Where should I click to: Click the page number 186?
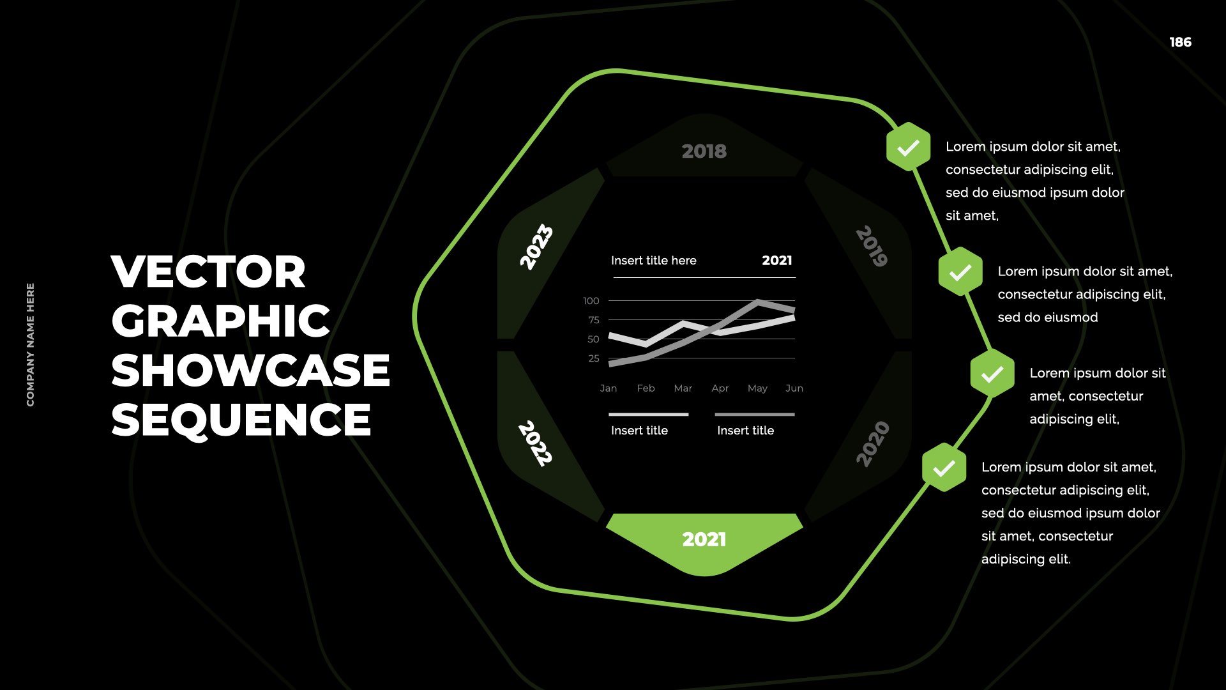click(x=1180, y=42)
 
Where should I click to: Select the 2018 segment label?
click(x=704, y=151)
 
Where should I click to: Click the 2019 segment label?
click(x=872, y=246)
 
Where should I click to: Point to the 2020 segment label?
click(x=872, y=444)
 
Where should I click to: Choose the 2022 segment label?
click(x=535, y=443)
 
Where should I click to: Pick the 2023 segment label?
click(x=536, y=247)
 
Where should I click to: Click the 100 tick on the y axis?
click(x=591, y=301)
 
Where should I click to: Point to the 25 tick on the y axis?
click(x=594, y=358)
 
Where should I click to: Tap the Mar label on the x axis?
click(x=683, y=388)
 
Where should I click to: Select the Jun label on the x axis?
click(x=794, y=388)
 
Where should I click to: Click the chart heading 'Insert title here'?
click(x=654, y=261)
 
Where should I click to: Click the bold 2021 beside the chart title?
click(x=777, y=261)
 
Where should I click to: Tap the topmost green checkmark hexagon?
click(x=908, y=147)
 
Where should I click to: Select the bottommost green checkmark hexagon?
click(x=944, y=468)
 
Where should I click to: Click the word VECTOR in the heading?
click(x=209, y=272)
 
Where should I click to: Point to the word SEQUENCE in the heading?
click(x=241, y=420)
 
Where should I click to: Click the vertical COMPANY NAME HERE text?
click(x=31, y=344)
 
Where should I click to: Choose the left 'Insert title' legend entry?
click(x=639, y=431)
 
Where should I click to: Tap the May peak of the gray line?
click(x=757, y=301)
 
